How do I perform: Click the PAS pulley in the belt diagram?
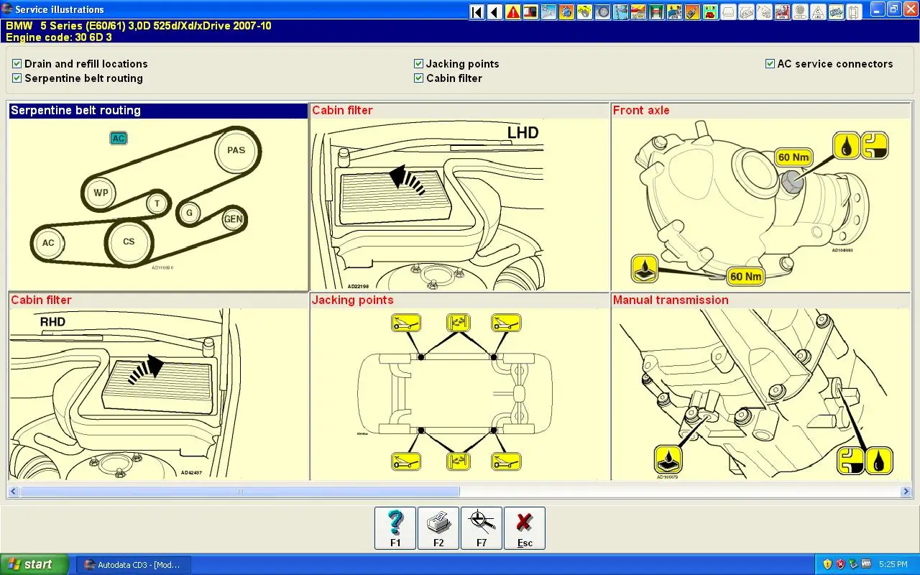coord(236,150)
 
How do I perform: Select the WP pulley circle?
coord(101,193)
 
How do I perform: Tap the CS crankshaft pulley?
coord(129,241)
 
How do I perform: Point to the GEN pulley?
coord(233,219)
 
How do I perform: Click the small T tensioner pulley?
coord(157,203)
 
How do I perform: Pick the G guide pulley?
coord(189,213)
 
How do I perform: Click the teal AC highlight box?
coord(119,138)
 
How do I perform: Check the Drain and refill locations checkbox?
coord(17,64)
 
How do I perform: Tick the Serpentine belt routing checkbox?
coord(17,78)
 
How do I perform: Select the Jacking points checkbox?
coord(419,64)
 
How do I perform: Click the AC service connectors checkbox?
coord(770,64)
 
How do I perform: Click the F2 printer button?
coord(438,528)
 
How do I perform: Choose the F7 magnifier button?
coord(482,528)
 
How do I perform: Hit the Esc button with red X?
coord(525,528)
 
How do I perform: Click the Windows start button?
coord(34,564)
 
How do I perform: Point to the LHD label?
coord(523,132)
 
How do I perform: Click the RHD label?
coord(52,321)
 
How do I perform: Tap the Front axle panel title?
coord(641,111)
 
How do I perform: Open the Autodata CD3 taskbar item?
coord(133,564)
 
